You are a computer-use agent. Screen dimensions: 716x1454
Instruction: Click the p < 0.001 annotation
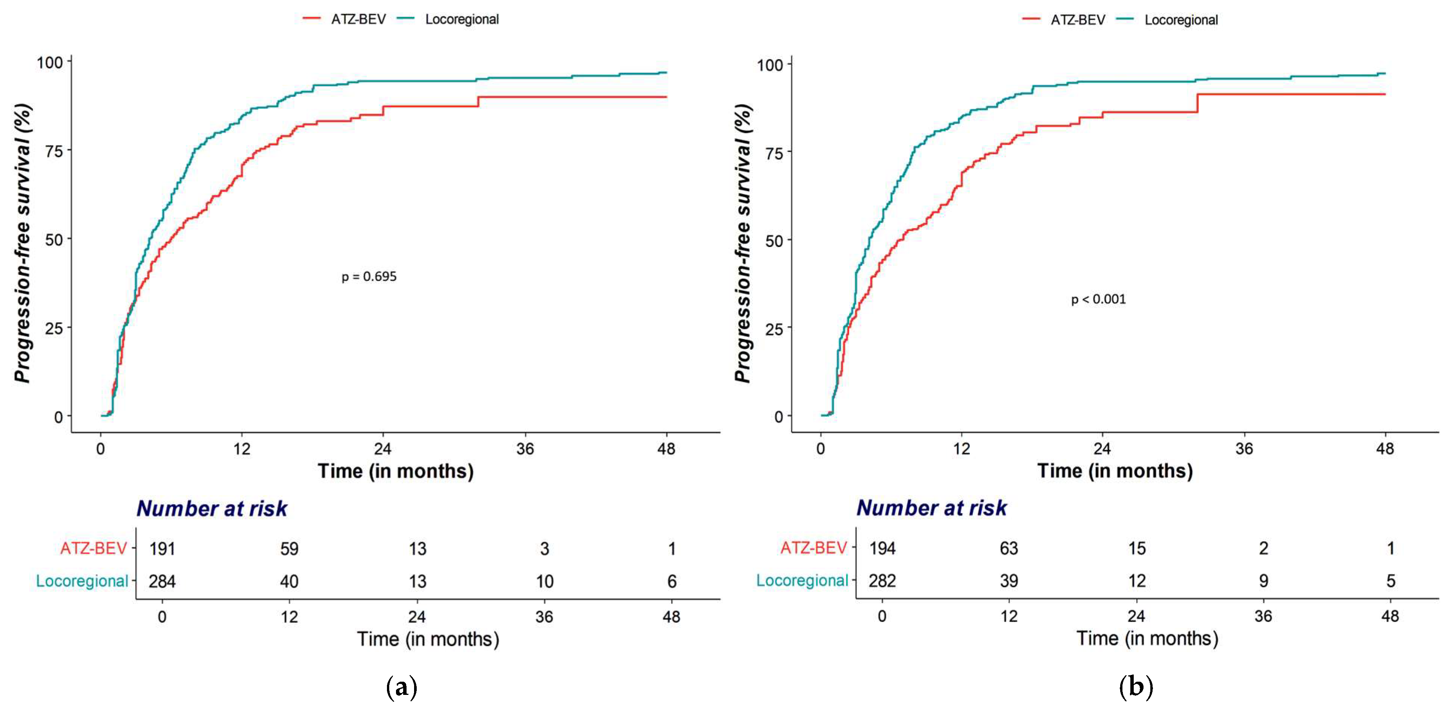coord(1098,299)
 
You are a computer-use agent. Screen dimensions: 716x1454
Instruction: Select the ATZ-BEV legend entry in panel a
coord(358,19)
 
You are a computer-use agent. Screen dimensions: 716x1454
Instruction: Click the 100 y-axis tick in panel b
coord(770,65)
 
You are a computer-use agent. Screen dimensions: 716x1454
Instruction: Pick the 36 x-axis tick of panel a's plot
coord(525,449)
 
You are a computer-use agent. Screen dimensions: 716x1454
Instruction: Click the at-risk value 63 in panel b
coord(1009,548)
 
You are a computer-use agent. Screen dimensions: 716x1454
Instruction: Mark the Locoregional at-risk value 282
coord(882,581)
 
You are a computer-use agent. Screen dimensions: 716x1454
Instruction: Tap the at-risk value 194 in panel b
coord(882,548)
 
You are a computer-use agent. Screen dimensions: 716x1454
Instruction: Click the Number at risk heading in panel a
coord(212,509)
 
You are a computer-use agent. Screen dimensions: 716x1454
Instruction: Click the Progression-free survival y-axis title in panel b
coord(743,243)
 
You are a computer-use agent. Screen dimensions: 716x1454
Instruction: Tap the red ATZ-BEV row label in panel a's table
coord(94,548)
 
